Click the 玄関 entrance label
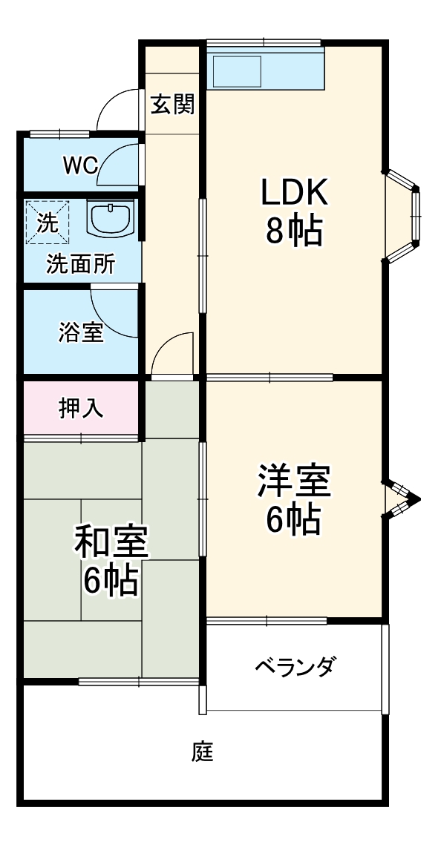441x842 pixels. click(x=172, y=105)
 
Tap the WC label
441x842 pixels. click(x=79, y=165)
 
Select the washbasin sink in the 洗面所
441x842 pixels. click(x=111, y=218)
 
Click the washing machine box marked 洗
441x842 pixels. click(x=46, y=223)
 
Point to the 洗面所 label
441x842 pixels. click(x=80, y=266)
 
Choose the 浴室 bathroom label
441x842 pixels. click(x=80, y=334)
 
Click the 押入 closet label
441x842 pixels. click(x=81, y=409)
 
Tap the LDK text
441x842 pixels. click(x=293, y=194)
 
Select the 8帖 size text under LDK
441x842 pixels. click(x=294, y=232)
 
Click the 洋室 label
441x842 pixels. click(x=293, y=482)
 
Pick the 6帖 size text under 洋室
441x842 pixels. click(x=293, y=521)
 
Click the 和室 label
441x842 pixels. click(x=111, y=544)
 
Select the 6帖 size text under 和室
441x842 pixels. click(x=111, y=582)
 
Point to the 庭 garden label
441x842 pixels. click(x=203, y=753)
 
